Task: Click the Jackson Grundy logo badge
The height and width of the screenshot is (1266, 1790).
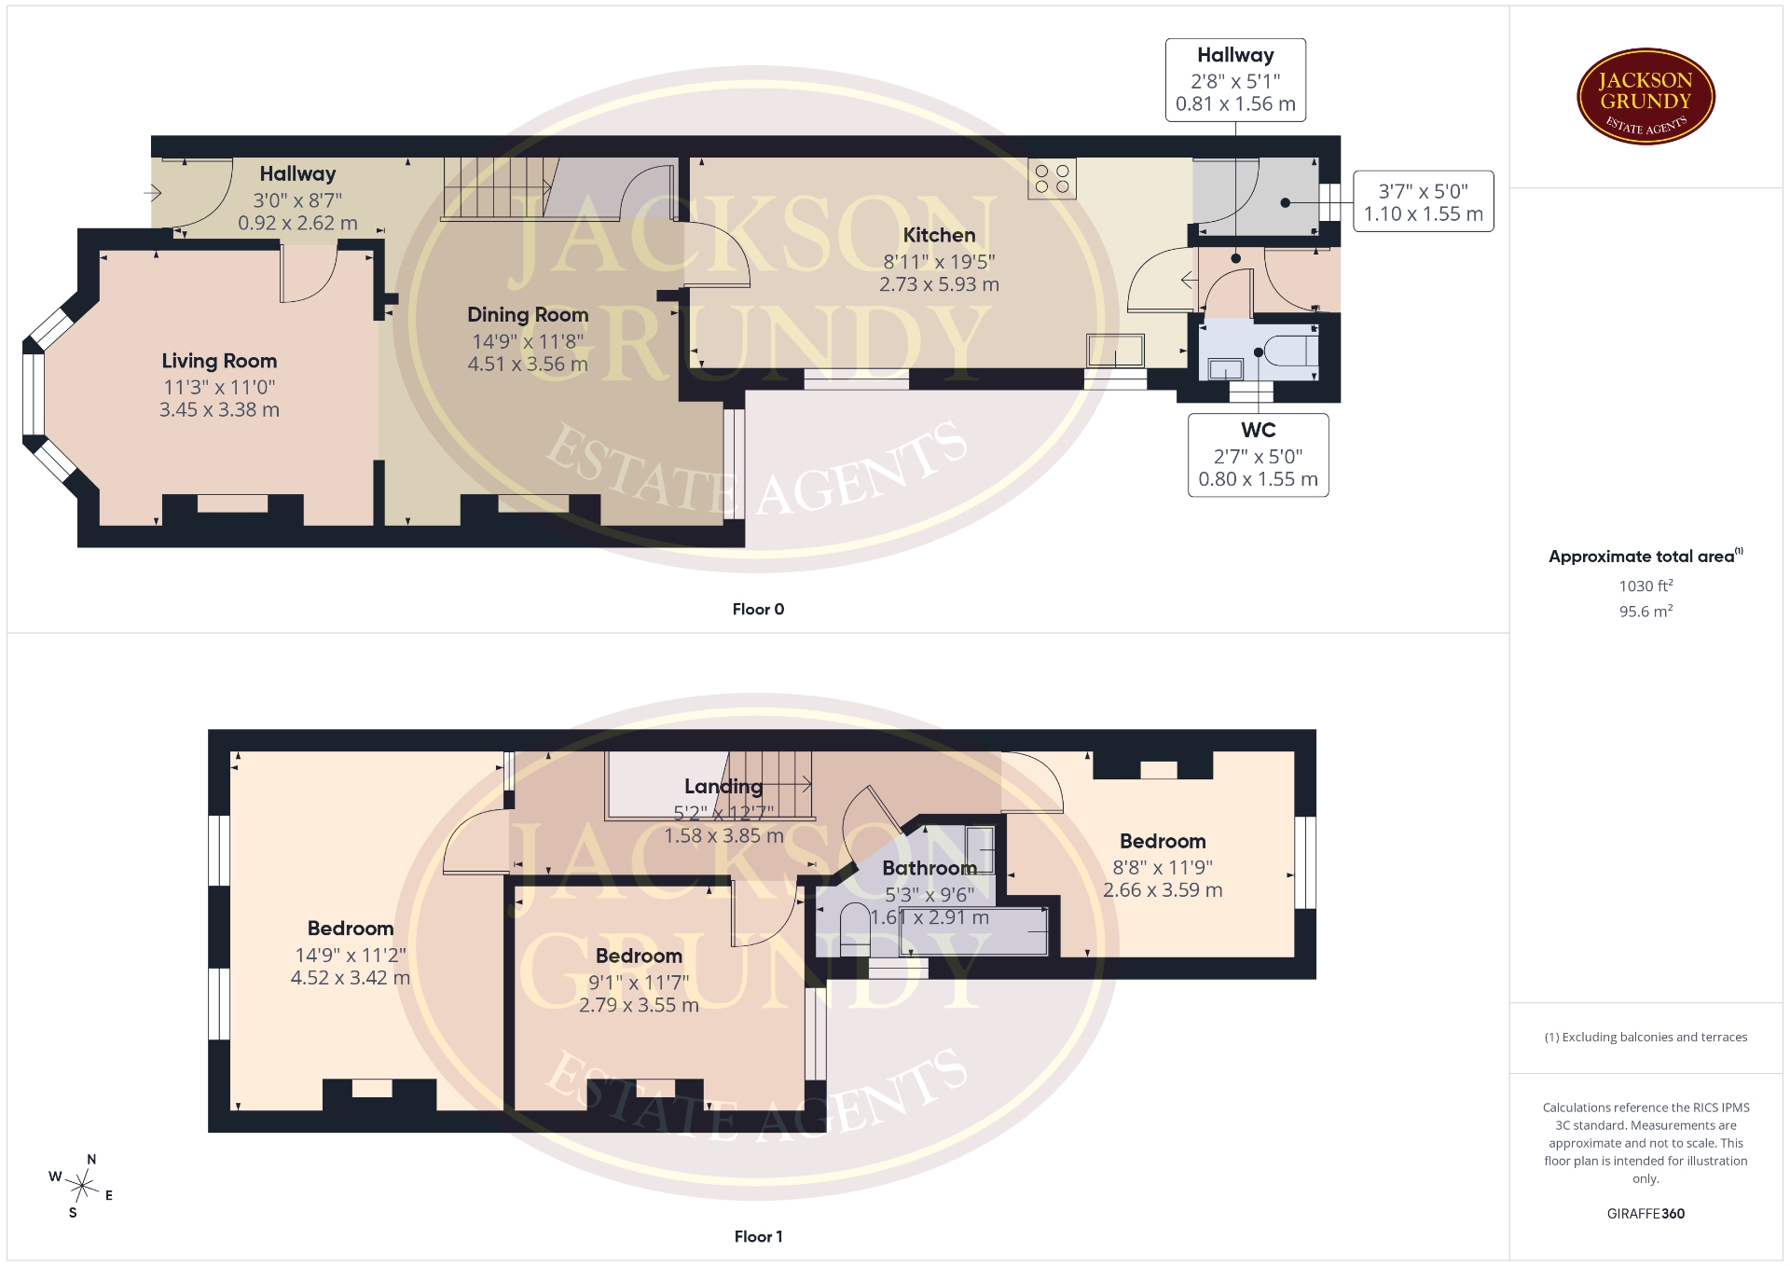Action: tap(1645, 96)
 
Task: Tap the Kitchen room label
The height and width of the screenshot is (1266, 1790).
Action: tap(939, 235)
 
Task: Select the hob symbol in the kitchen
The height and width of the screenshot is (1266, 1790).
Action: tap(1052, 179)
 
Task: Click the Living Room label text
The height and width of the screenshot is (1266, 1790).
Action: tap(219, 361)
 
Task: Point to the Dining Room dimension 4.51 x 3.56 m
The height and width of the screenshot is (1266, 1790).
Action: tap(528, 365)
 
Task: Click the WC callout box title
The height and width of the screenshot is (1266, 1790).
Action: tap(1258, 430)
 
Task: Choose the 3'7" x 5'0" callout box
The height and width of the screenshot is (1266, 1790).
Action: tap(1423, 201)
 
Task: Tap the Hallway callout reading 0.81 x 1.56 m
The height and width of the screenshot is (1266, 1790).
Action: tap(1235, 103)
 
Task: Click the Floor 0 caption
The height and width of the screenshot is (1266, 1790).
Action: tap(758, 609)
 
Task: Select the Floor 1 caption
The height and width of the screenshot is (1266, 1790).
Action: tap(758, 1236)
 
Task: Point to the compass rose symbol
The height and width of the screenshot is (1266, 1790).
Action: tap(82, 1186)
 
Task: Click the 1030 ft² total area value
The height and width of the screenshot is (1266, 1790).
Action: tap(1645, 585)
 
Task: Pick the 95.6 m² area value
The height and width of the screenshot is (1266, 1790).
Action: tap(1645, 611)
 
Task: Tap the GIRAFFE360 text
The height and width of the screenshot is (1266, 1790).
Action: tap(1645, 1213)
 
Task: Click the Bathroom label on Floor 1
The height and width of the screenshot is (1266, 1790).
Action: tap(929, 868)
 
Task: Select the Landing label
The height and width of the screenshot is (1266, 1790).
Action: tap(723, 787)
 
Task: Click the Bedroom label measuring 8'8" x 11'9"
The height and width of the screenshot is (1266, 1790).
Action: tap(1163, 841)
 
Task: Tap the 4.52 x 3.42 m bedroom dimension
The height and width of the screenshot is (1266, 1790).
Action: tap(351, 978)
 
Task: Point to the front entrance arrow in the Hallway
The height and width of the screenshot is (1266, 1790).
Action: tap(153, 194)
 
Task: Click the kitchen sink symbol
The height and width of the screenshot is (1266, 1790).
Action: tap(1115, 351)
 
